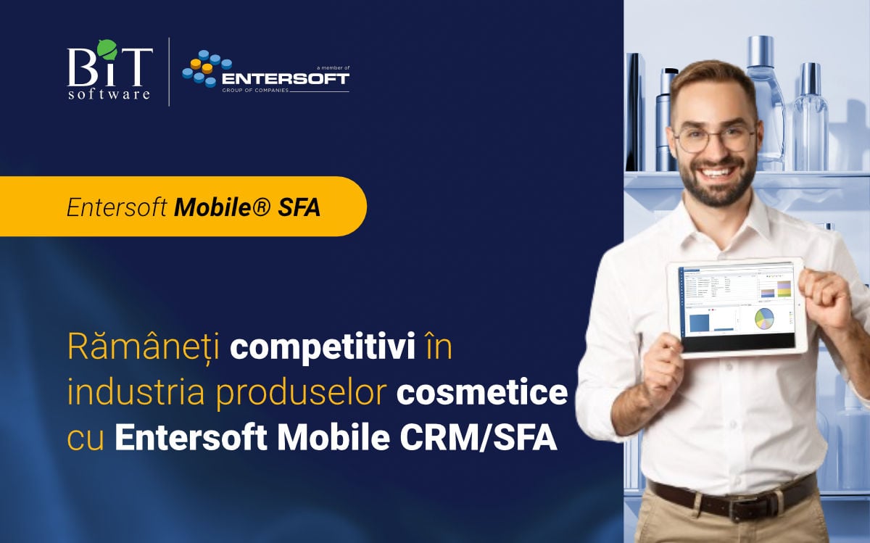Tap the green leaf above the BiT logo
pos(106,47)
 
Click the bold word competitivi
pos(323,347)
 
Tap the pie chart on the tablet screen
pos(765,319)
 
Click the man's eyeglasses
pos(713,138)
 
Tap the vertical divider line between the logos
pos(169,72)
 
